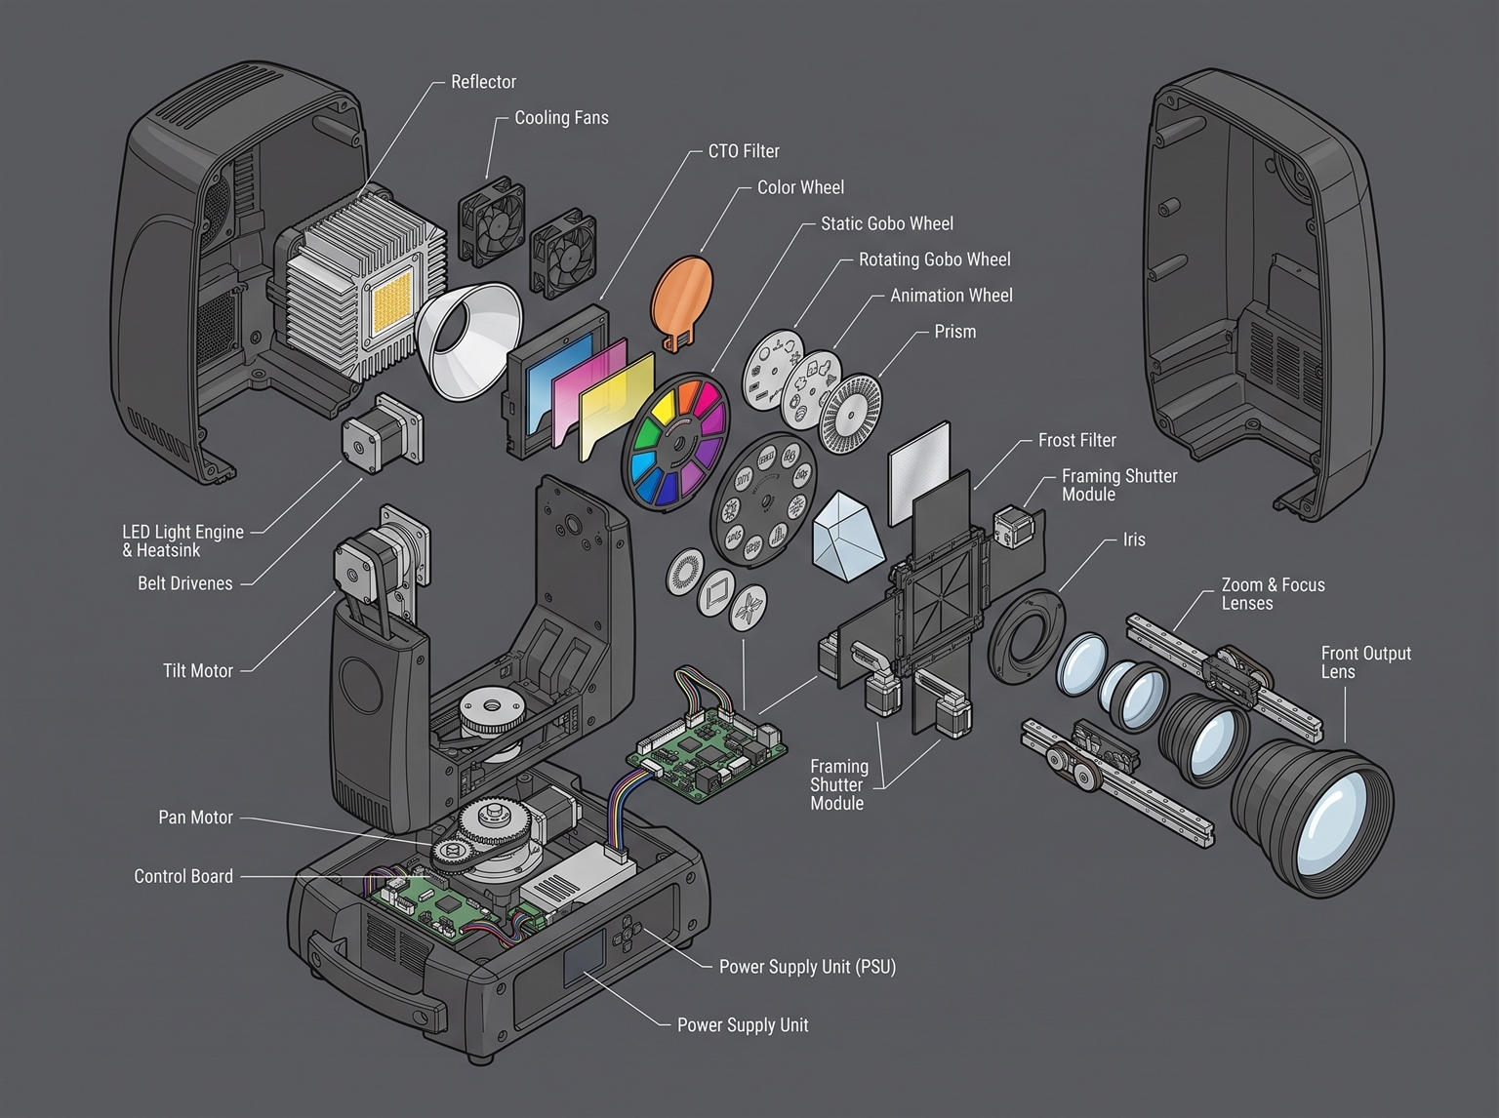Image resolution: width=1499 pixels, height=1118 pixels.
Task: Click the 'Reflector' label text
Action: pos(483,82)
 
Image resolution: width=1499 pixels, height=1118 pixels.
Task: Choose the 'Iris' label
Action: pos(1134,539)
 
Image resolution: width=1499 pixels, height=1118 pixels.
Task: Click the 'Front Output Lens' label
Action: pos(1365,662)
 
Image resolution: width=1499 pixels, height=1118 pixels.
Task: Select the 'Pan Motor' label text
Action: pos(195,817)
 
